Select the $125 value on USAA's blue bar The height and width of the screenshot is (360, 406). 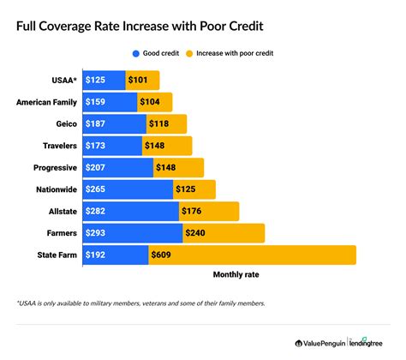coord(97,81)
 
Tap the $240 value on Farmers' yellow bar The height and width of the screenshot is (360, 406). coord(198,232)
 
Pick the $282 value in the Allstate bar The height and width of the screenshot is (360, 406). coord(97,211)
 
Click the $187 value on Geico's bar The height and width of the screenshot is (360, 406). coord(97,124)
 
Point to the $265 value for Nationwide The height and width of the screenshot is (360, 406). coord(97,189)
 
